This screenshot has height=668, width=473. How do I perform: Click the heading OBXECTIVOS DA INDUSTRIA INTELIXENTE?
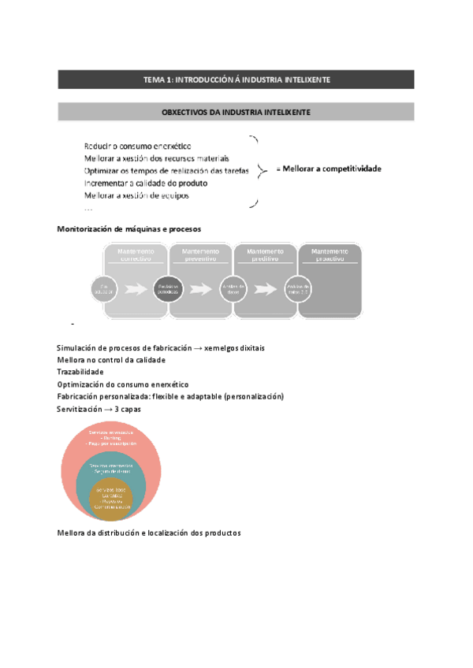click(236, 113)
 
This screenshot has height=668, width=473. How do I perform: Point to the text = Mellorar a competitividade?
click(328, 169)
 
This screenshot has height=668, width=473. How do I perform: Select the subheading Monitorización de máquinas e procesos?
click(124, 229)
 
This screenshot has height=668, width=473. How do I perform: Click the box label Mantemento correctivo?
click(136, 254)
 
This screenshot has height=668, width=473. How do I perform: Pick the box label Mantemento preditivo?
click(265, 254)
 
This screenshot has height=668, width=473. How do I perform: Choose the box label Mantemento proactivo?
click(330, 254)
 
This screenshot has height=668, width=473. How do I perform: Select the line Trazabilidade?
click(80, 371)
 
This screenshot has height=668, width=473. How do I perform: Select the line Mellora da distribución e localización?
click(149, 533)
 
